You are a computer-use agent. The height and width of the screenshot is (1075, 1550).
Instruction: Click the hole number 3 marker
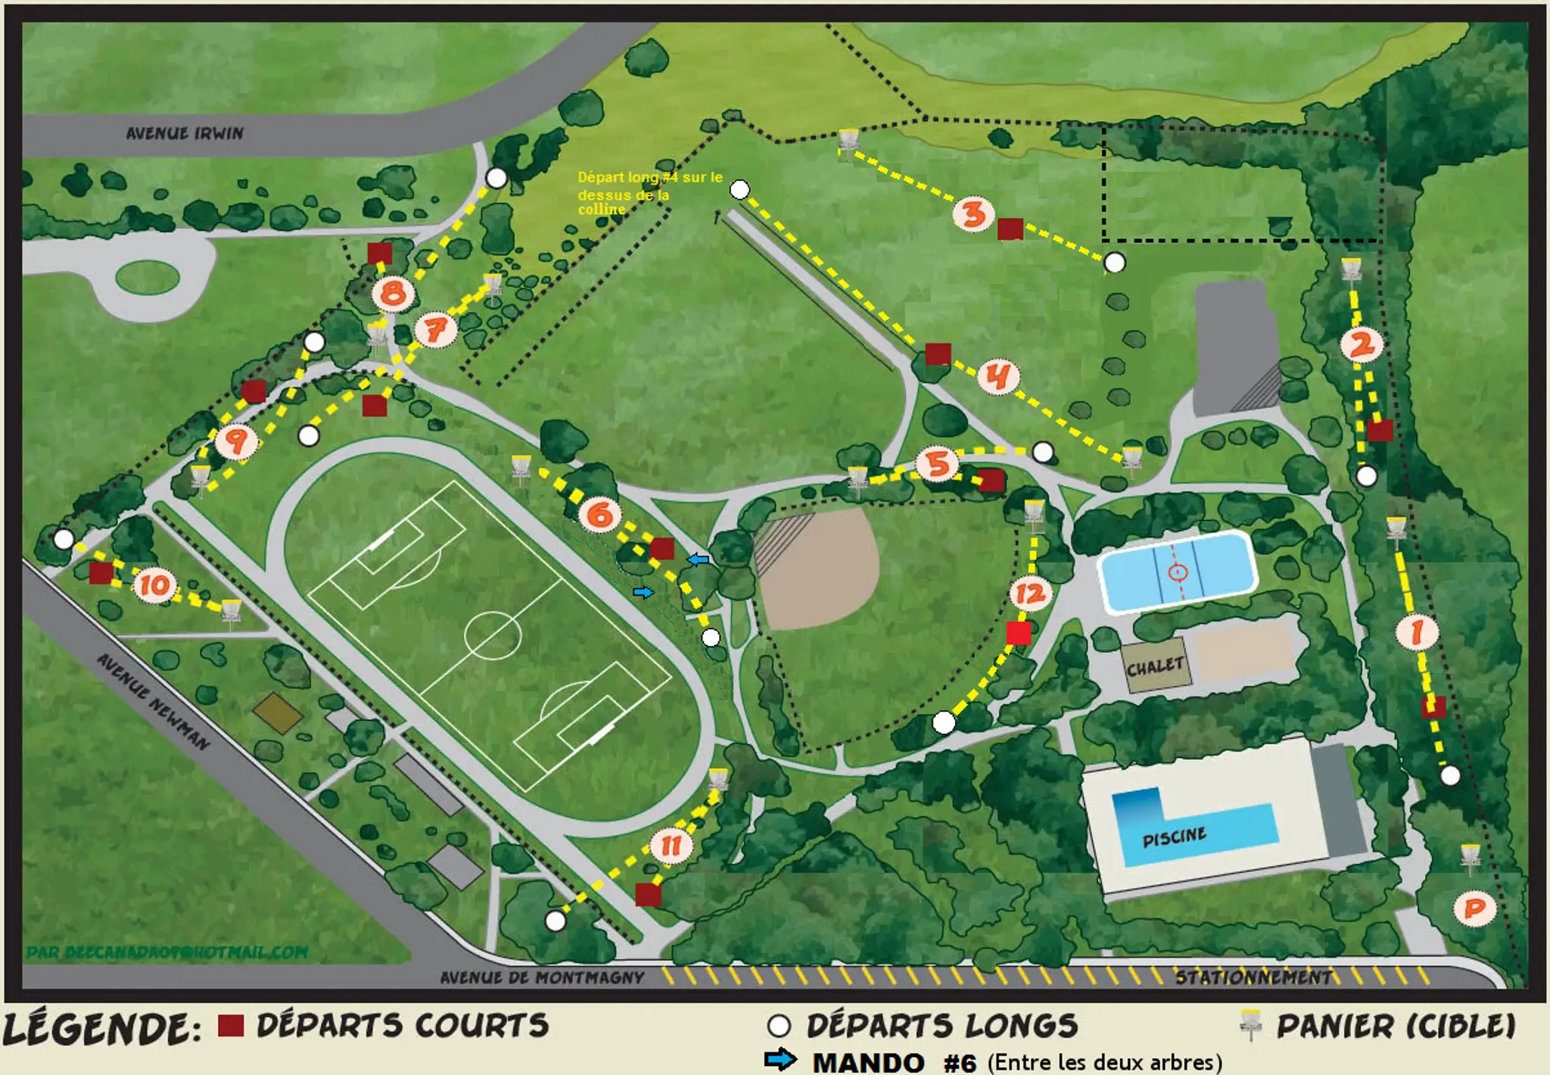tap(973, 214)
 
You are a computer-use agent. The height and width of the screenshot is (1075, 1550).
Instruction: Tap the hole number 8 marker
tap(393, 293)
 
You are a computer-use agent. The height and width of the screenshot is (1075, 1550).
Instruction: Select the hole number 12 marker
tap(1030, 594)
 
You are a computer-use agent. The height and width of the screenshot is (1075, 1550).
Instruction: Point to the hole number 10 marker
tap(155, 585)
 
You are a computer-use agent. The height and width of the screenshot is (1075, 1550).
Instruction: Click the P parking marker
tap(1474, 908)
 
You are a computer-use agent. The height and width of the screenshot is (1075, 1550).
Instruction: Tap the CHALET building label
tap(1155, 667)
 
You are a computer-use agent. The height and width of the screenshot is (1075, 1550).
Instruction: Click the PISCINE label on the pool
tap(1174, 837)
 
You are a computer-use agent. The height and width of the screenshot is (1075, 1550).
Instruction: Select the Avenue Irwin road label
tap(185, 133)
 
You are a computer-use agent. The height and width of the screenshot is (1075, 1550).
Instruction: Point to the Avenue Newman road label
tap(154, 702)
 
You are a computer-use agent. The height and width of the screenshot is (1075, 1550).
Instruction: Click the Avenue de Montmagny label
tap(542, 977)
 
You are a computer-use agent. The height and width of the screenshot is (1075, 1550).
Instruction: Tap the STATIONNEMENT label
tap(1253, 977)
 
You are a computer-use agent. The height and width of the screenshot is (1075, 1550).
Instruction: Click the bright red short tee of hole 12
tap(1019, 632)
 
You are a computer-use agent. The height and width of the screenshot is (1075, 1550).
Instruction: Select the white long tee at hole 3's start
tap(1114, 263)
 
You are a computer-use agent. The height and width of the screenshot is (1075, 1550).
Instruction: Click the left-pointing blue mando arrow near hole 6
tap(698, 559)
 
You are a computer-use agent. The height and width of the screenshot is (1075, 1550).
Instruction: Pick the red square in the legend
tap(231, 1026)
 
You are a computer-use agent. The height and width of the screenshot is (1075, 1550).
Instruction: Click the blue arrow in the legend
tap(780, 1059)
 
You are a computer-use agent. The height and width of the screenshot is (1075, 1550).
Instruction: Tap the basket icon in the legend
tap(1251, 1025)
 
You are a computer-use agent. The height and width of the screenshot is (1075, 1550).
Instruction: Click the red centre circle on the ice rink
tap(1178, 572)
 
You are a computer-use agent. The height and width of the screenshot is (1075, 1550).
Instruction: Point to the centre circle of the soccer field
tap(493, 634)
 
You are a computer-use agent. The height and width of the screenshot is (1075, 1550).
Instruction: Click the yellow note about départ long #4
tap(649, 193)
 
